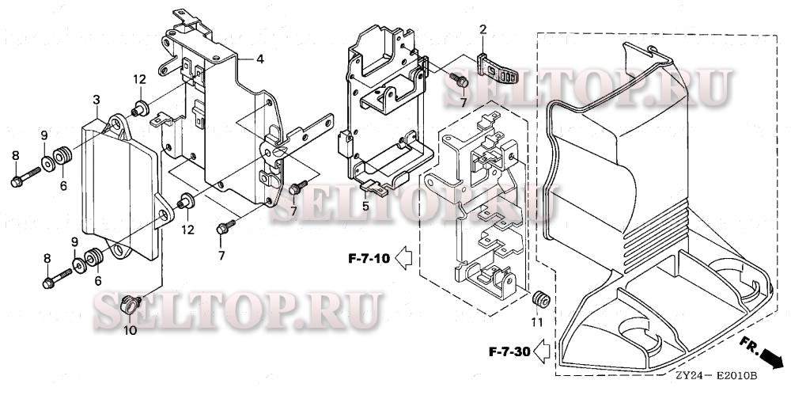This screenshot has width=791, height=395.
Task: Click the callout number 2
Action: pyautogui.click(x=481, y=30)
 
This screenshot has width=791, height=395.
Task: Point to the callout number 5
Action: pyautogui.click(x=366, y=206)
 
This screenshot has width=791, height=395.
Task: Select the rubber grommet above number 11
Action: pyautogui.click(x=541, y=299)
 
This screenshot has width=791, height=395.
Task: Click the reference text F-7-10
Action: pyautogui.click(x=367, y=257)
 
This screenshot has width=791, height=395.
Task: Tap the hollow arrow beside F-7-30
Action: pyautogui.click(x=543, y=348)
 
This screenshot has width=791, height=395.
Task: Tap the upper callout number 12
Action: pyautogui.click(x=139, y=79)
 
